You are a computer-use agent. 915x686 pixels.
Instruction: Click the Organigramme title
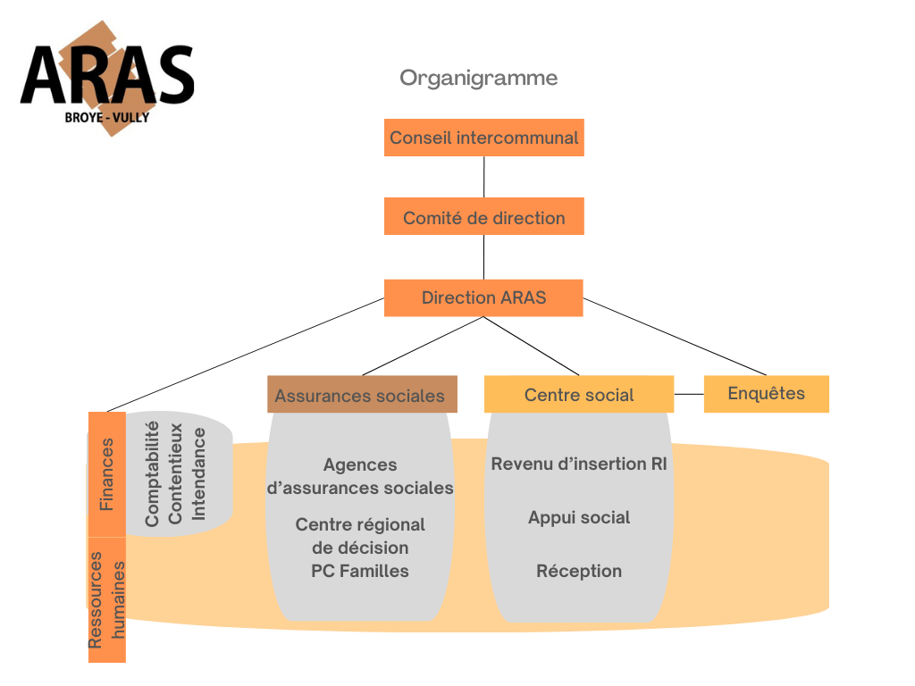(x=478, y=78)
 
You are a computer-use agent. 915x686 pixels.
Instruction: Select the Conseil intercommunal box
(x=483, y=138)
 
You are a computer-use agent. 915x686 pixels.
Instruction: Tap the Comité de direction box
(x=483, y=217)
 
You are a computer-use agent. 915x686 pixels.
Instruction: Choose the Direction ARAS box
(x=483, y=297)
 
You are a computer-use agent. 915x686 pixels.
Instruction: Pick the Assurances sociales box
(x=362, y=395)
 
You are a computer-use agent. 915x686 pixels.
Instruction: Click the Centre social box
(x=579, y=395)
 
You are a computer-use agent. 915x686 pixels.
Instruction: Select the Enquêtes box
(x=766, y=393)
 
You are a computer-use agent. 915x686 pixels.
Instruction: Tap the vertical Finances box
(x=106, y=474)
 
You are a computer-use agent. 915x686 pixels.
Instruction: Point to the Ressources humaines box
(x=106, y=599)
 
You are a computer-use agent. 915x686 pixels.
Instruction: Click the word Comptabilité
(x=152, y=473)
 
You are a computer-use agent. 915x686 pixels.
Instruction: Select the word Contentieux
(x=176, y=473)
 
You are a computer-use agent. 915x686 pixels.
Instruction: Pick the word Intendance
(x=199, y=473)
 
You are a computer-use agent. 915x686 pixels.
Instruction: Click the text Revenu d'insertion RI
(x=579, y=464)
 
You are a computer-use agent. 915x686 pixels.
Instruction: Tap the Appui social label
(x=579, y=517)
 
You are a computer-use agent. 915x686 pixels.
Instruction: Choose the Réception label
(x=579, y=571)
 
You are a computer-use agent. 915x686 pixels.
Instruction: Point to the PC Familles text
(x=360, y=571)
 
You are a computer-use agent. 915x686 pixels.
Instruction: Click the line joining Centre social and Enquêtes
(x=689, y=393)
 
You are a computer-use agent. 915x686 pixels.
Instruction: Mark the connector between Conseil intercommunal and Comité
(x=483, y=177)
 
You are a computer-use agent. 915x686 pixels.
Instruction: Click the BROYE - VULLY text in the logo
(x=106, y=116)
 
